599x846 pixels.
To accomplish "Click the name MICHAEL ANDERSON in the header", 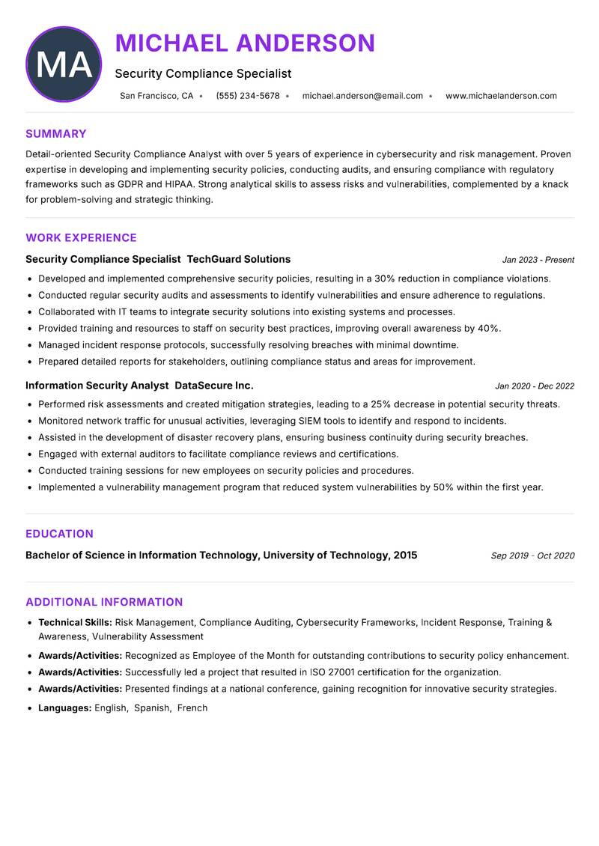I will coord(245,43).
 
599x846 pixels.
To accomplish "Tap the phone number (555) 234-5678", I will coord(247,96).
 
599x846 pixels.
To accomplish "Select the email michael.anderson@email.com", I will coord(362,96).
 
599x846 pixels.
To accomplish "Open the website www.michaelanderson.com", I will coord(501,96).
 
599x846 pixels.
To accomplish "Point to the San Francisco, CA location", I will coord(156,96).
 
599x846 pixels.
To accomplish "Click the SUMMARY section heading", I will coord(56,134).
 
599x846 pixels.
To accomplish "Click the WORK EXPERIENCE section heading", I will coord(81,238).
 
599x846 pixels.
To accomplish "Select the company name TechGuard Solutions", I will coord(238,259).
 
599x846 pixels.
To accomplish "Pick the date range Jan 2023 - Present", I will coord(538,260).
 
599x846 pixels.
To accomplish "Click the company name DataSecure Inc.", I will coord(213,386).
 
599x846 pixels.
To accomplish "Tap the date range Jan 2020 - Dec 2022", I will coord(535,386).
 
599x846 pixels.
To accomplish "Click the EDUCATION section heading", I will coord(59,534).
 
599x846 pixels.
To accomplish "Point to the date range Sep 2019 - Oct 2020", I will coord(532,556).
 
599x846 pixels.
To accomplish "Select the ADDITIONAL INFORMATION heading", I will coord(104,602).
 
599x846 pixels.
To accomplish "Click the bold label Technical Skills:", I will coord(75,622).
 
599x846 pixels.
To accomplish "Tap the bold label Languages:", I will coord(64,707).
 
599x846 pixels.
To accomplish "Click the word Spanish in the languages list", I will coord(152,707).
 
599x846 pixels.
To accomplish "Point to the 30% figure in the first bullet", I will coord(385,279).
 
